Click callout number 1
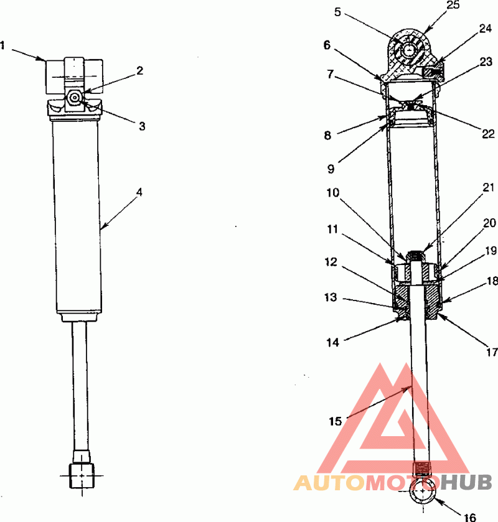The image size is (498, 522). click(x=2, y=45)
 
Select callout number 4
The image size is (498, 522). click(x=139, y=192)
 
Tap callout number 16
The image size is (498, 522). click(x=470, y=517)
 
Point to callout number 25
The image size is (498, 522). click(x=453, y=5)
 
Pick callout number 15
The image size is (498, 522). click(x=336, y=421)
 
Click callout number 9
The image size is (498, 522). click(x=331, y=169)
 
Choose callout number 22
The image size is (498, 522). click(x=488, y=134)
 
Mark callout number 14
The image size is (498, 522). click(x=332, y=342)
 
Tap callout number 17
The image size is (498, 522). click(x=492, y=352)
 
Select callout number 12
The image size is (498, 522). click(x=331, y=262)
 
